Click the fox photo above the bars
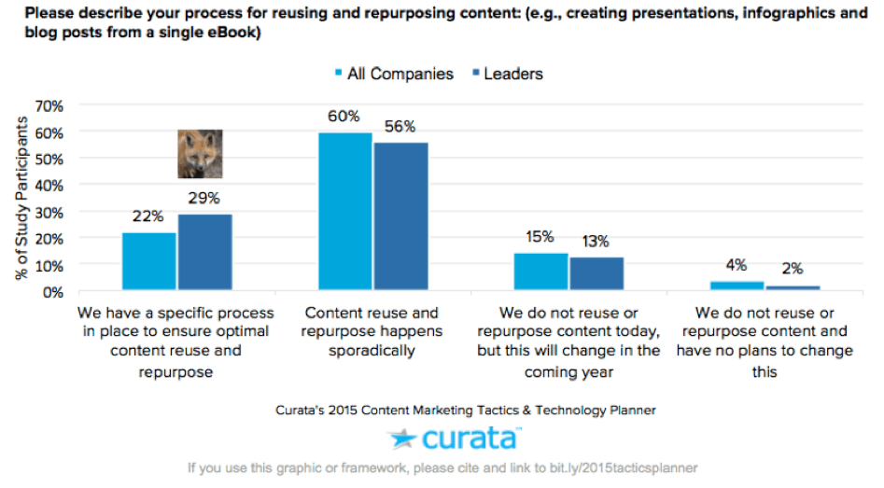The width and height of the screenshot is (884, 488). (x=200, y=154)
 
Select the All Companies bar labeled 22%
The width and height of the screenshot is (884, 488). (x=148, y=262)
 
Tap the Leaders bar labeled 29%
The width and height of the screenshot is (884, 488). (x=204, y=253)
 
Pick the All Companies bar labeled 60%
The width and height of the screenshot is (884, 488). (x=344, y=212)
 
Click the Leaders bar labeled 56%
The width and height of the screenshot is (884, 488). (x=401, y=217)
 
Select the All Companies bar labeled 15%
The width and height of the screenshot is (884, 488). (x=541, y=272)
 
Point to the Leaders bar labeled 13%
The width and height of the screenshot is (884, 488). (x=597, y=274)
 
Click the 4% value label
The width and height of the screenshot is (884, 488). (x=737, y=264)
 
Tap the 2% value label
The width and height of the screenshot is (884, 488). (x=793, y=270)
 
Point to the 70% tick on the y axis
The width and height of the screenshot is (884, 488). (x=49, y=106)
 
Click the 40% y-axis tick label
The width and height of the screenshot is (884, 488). (x=49, y=186)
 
